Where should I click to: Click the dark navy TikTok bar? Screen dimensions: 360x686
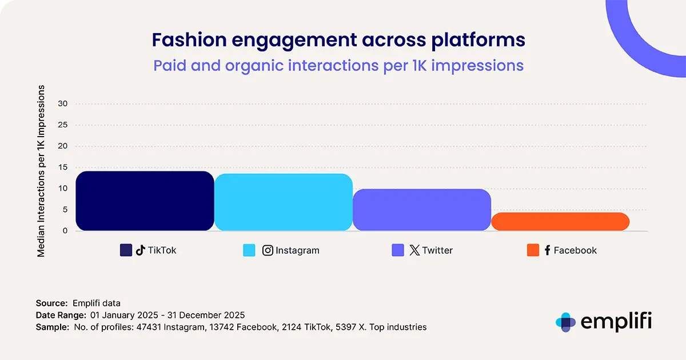pyautogui.click(x=145, y=201)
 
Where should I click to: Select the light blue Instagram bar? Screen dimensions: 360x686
pyautogui.click(x=284, y=202)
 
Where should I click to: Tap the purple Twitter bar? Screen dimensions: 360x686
pyautogui.click(x=422, y=210)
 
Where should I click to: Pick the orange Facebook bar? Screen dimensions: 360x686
pyautogui.click(x=560, y=222)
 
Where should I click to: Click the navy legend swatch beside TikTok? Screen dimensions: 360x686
pyautogui.click(x=126, y=250)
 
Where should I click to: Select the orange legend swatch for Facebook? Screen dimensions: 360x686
pyautogui.click(x=533, y=250)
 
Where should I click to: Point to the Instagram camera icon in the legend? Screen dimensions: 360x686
pyautogui.click(x=268, y=250)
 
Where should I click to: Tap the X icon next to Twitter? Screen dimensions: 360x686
pyautogui.click(x=414, y=250)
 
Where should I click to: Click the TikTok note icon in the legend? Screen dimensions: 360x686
pyautogui.click(x=141, y=250)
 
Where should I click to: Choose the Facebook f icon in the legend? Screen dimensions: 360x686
pyautogui.click(x=547, y=250)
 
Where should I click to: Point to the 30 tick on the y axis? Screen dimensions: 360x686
pyautogui.click(x=63, y=104)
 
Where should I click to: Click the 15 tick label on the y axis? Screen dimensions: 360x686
pyautogui.click(x=63, y=167)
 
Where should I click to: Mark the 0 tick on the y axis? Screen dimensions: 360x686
pyautogui.click(x=65, y=231)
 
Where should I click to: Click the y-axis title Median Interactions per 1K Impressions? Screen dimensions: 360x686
pyautogui.click(x=41, y=171)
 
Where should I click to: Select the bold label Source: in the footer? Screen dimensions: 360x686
pyautogui.click(x=52, y=303)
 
